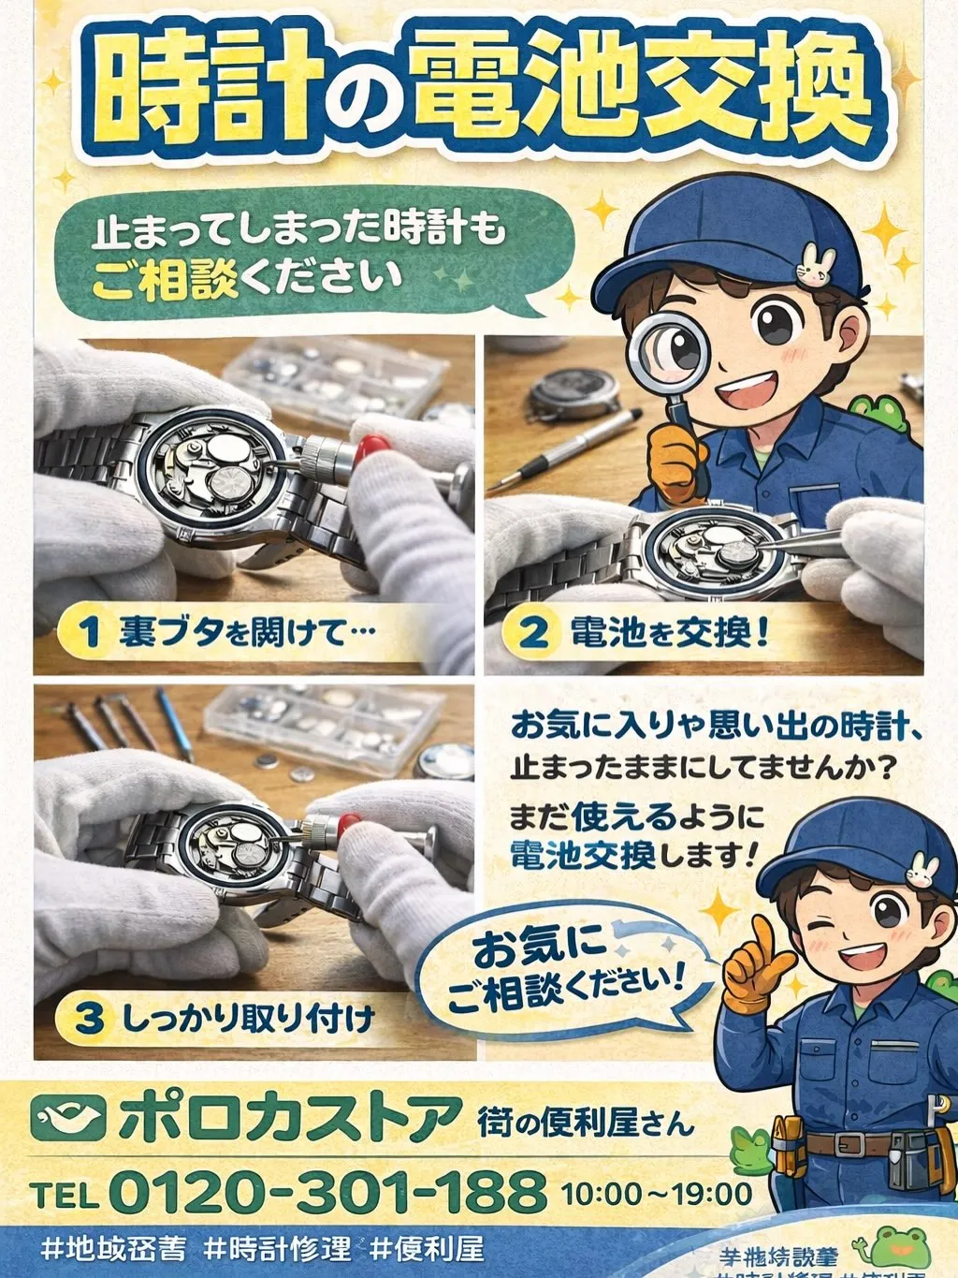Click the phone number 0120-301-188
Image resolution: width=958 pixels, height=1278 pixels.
[327, 1192]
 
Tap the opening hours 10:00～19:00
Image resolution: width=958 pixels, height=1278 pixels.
[657, 1194]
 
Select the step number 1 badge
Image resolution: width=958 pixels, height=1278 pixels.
[88, 632]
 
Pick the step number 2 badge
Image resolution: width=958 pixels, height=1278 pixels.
[532, 632]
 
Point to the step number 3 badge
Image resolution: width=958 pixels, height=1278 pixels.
[88, 1018]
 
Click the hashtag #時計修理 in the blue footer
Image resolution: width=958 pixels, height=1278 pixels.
[277, 1249]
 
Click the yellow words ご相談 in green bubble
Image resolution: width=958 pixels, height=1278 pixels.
[166, 280]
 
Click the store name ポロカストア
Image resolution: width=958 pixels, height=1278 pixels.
[290, 1117]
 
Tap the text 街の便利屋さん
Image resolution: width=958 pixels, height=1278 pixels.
[586, 1121]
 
